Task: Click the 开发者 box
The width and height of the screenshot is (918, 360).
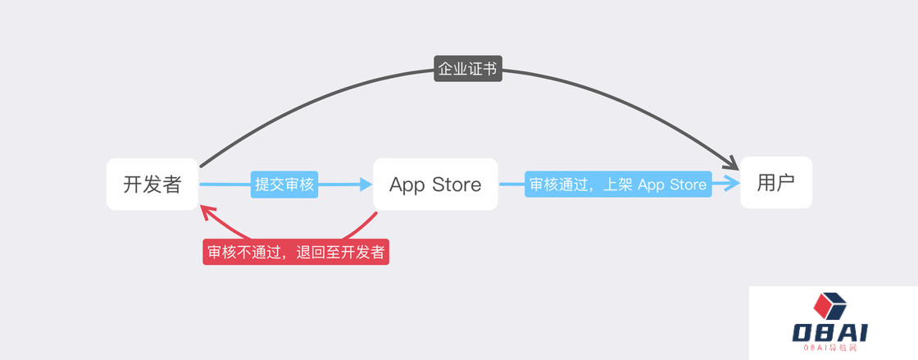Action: click(x=152, y=184)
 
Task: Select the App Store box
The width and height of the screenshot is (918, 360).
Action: click(x=435, y=184)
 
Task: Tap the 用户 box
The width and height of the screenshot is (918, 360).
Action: click(x=776, y=183)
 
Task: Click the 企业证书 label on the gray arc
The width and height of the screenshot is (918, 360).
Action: click(x=468, y=69)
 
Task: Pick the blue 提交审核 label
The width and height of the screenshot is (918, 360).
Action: click(x=284, y=185)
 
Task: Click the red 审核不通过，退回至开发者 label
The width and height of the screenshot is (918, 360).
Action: click(x=296, y=252)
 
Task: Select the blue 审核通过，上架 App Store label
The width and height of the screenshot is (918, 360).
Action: click(x=618, y=184)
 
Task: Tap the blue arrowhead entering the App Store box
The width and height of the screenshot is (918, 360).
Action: click(x=366, y=185)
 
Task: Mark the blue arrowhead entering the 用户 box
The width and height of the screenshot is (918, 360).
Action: click(x=732, y=183)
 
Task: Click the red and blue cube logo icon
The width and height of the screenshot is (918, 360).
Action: click(x=830, y=306)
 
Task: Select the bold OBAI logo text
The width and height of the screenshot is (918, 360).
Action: click(x=830, y=332)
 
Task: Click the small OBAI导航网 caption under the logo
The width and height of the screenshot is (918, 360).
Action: click(x=830, y=348)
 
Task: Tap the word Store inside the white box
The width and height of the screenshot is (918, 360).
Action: click(x=457, y=185)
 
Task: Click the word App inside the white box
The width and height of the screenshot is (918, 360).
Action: click(x=407, y=185)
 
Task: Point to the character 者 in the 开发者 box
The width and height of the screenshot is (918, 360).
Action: click(x=171, y=185)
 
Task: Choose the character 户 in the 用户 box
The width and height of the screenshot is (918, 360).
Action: click(x=786, y=183)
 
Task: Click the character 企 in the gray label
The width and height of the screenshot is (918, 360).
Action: click(x=446, y=69)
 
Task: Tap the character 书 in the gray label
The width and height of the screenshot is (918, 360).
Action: click(x=490, y=69)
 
